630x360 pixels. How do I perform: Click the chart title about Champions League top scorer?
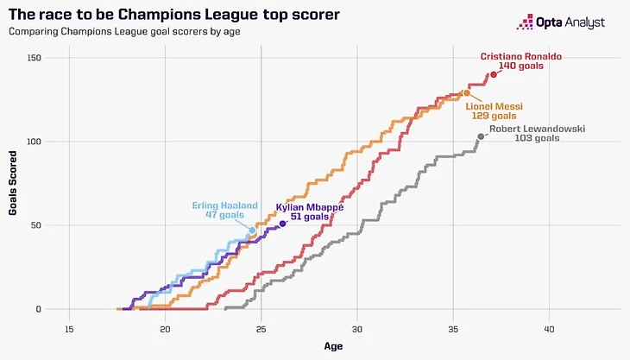[x=173, y=16]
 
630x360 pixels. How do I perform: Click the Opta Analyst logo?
[x=560, y=22]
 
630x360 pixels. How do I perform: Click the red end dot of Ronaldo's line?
[x=494, y=74]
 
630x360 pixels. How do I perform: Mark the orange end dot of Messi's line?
[x=467, y=92]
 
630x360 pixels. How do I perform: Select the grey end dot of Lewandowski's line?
[x=481, y=136]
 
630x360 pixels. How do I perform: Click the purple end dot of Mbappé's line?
[x=282, y=224]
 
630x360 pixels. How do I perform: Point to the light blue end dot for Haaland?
[x=252, y=231]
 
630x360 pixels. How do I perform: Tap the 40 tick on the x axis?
[x=549, y=328]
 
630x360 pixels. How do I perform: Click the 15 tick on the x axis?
[x=69, y=328]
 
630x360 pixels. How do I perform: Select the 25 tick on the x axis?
[x=261, y=328]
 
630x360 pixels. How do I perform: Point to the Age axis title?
[x=332, y=345]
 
